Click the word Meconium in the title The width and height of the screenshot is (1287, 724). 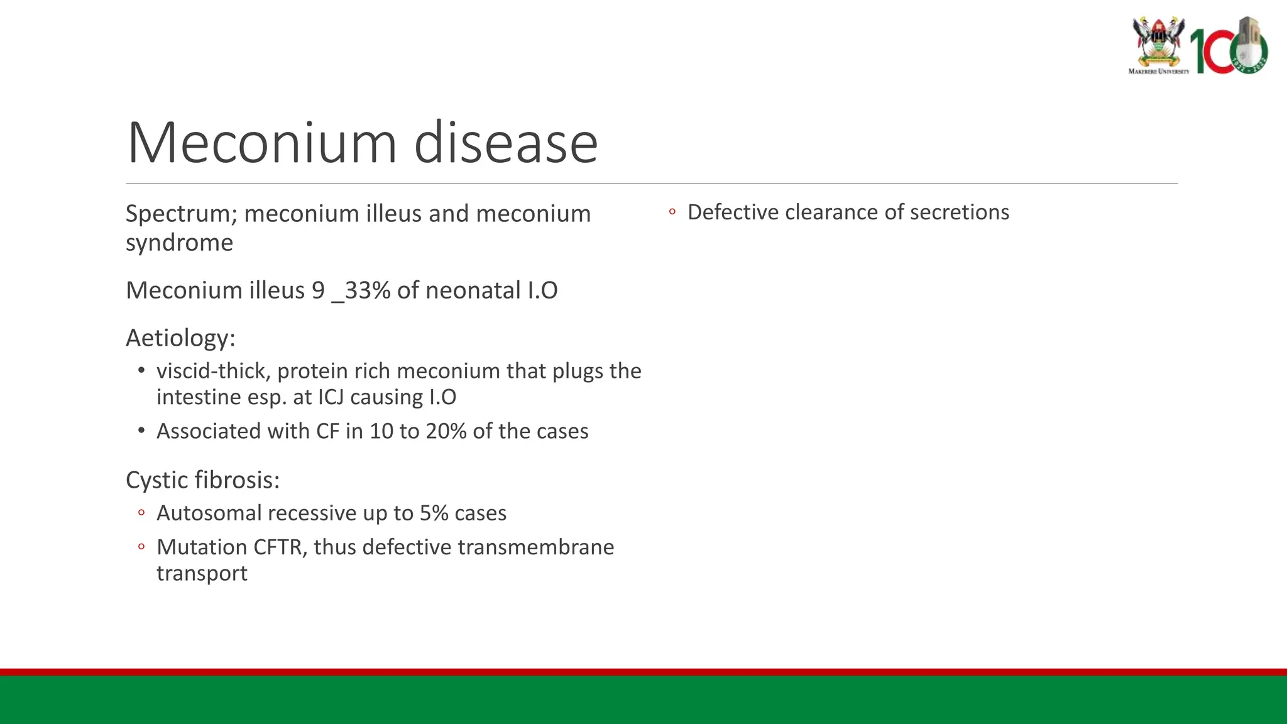261,143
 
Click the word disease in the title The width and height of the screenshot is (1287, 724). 505,143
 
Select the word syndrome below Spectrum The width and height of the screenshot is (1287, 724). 179,243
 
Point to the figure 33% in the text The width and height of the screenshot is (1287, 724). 368,290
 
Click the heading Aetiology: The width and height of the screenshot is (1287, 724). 180,338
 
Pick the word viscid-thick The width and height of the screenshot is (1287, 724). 213,371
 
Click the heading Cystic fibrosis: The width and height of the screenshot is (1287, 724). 202,480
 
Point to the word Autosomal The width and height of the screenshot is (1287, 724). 209,513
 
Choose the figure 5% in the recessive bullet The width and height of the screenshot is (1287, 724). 434,513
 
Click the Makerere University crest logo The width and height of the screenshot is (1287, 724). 1158,44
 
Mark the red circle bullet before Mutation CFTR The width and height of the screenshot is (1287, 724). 141,547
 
